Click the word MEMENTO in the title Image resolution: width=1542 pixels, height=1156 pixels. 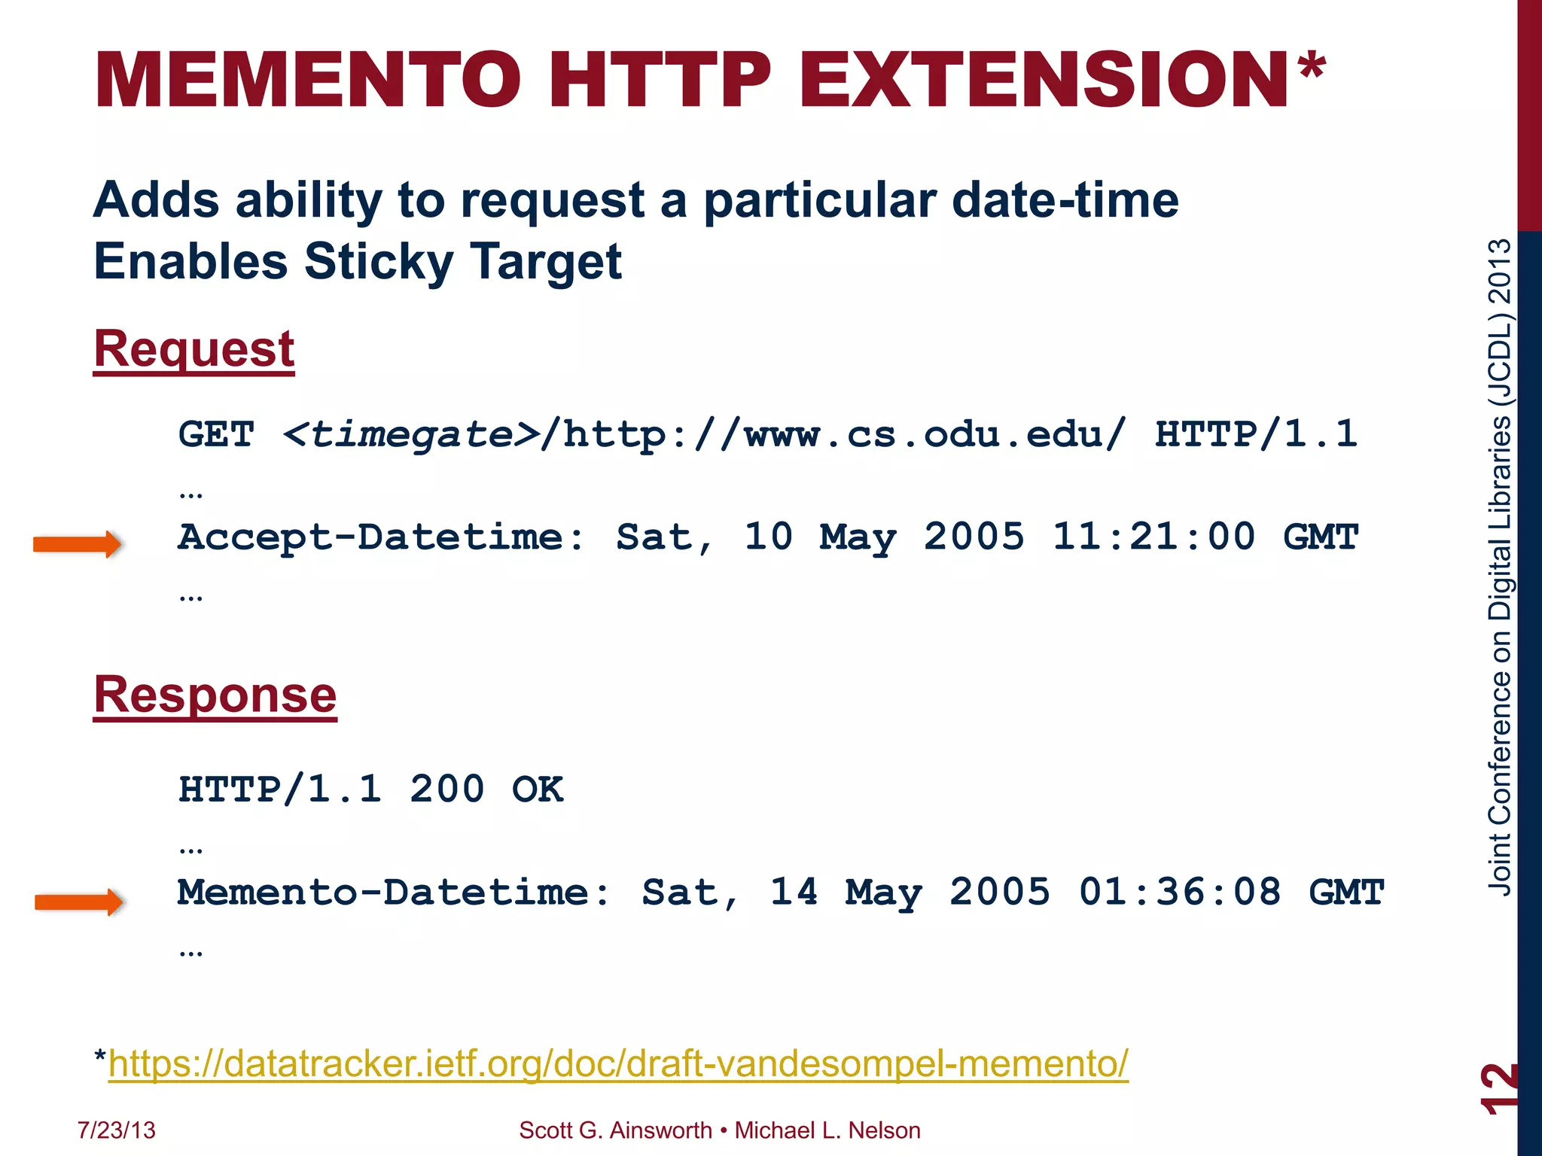click(x=308, y=80)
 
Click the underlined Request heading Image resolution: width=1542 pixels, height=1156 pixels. click(x=194, y=349)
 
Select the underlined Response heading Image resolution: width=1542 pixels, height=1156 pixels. click(x=215, y=695)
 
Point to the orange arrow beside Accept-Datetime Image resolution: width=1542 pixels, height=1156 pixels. click(x=77, y=544)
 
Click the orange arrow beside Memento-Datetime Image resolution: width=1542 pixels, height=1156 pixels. click(x=78, y=901)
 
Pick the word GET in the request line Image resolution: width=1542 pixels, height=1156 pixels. click(x=216, y=435)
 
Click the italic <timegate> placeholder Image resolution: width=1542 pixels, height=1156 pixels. click(x=410, y=435)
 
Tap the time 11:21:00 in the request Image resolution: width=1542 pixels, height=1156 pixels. click(x=1153, y=537)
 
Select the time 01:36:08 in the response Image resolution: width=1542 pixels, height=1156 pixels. click(x=1179, y=893)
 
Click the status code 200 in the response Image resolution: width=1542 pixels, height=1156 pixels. click(x=446, y=790)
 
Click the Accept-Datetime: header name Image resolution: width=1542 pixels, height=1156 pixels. click(x=381, y=537)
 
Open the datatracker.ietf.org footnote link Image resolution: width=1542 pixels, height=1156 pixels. click(x=618, y=1063)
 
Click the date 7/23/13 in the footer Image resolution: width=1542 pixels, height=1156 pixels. click(x=116, y=1130)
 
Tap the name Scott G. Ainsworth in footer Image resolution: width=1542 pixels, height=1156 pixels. click(x=615, y=1130)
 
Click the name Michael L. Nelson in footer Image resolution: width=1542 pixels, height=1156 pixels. click(x=827, y=1130)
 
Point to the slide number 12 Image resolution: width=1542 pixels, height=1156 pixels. click(x=1498, y=1088)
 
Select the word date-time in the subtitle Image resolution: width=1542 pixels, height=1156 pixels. click(x=1065, y=201)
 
